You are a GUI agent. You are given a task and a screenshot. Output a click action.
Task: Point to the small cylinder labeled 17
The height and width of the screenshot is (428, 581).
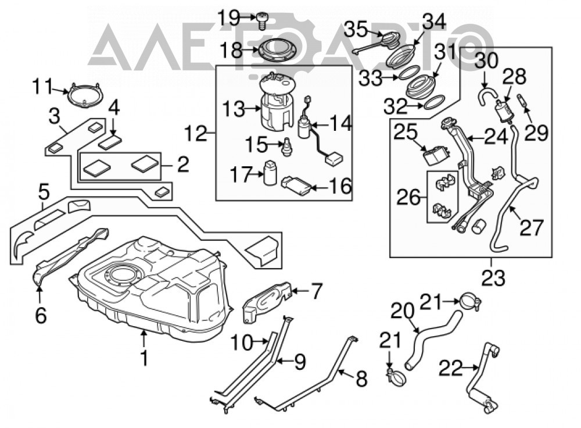(270, 173)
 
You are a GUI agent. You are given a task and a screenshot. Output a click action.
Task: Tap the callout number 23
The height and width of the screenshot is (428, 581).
(493, 278)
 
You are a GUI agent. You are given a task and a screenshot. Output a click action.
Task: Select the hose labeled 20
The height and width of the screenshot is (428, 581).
(432, 337)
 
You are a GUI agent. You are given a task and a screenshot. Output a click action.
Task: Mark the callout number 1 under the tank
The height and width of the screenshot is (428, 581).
(144, 358)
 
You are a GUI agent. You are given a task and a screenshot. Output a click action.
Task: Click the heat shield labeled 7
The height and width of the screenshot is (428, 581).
(268, 301)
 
